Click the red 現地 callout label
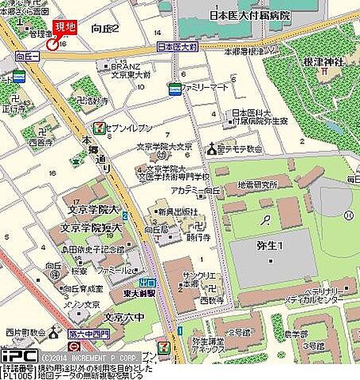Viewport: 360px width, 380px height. (x=64, y=28)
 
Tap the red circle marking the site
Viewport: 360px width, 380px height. (x=52, y=44)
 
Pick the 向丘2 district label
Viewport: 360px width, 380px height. (x=105, y=29)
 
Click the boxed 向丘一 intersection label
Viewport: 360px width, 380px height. (x=27, y=57)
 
